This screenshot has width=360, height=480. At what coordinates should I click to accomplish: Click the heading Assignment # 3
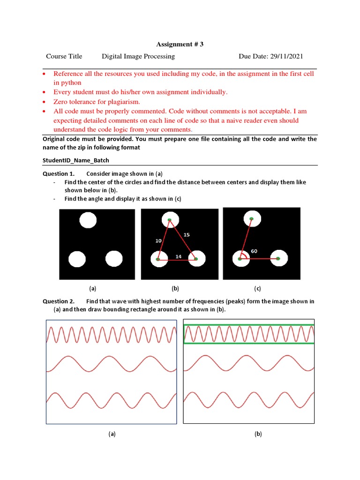click(180, 44)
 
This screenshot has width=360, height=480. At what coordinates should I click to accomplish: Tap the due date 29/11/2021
click(286, 56)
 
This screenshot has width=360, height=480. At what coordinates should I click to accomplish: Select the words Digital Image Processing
click(138, 56)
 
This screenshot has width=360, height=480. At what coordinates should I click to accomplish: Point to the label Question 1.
click(59, 173)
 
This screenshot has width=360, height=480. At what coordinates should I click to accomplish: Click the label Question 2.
click(59, 301)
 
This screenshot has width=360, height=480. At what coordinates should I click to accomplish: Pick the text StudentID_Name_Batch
click(76, 160)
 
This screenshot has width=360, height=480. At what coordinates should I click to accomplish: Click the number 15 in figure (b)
click(187, 235)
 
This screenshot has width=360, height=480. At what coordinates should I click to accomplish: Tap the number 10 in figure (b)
click(158, 241)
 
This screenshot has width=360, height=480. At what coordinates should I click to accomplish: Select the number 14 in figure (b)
click(179, 256)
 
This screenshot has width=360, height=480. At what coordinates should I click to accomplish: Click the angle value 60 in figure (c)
click(254, 251)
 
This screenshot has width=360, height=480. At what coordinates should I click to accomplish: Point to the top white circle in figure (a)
click(88, 220)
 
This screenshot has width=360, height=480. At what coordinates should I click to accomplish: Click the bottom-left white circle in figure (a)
click(77, 259)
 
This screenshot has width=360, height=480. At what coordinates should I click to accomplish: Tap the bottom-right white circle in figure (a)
click(114, 259)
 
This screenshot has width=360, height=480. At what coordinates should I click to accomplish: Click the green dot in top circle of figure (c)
click(251, 219)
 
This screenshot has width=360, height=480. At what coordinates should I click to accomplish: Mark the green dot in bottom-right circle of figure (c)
click(278, 259)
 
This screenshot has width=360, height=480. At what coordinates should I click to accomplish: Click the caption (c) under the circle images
click(257, 288)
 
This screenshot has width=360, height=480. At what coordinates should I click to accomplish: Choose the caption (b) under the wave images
click(258, 434)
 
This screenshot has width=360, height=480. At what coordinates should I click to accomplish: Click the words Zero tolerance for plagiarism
click(97, 102)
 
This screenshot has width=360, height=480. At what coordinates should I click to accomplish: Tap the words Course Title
click(64, 56)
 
